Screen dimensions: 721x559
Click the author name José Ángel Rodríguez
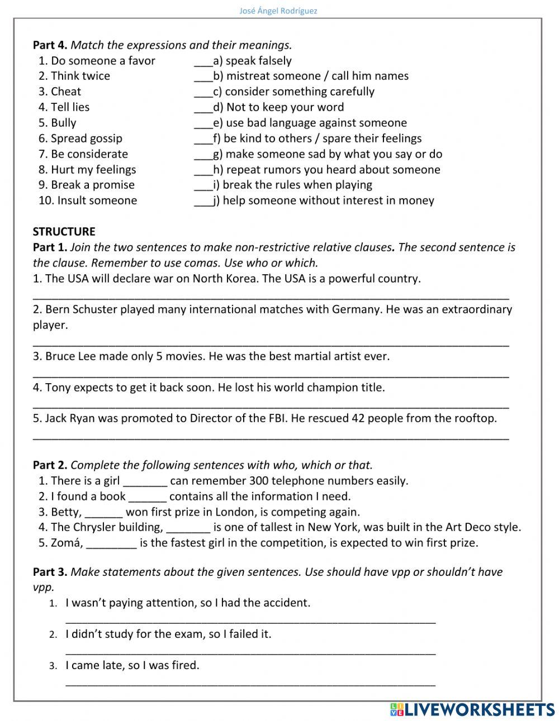(278, 11)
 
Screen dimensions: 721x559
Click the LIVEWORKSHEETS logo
(472, 709)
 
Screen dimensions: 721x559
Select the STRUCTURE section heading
(64, 231)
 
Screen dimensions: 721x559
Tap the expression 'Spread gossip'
(86, 139)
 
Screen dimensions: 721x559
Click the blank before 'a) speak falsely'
(203, 61)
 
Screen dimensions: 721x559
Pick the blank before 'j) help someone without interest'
(203, 201)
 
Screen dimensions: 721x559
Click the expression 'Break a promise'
(92, 185)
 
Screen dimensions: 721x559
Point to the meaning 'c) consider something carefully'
(293, 92)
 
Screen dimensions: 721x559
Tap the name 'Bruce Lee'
(69, 356)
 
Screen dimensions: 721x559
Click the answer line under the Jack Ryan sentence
(271, 437)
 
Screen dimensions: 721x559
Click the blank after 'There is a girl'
(145, 481)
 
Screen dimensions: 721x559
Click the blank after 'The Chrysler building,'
(188, 528)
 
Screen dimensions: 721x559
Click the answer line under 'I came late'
(250, 682)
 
